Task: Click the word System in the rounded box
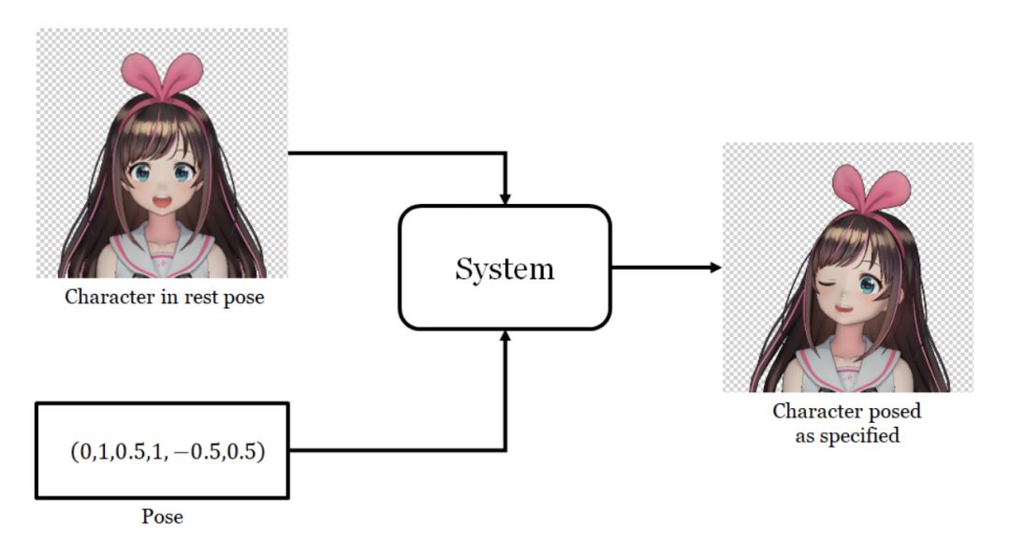(505, 269)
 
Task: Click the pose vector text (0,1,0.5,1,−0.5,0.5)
(168, 451)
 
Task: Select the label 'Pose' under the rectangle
(162, 516)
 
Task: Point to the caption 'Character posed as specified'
(846, 423)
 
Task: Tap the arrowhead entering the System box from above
(505, 198)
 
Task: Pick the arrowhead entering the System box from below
(505, 336)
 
